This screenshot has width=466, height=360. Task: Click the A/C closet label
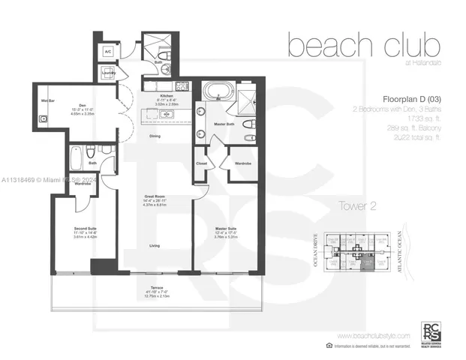(107, 52)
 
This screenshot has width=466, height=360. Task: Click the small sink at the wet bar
(44, 118)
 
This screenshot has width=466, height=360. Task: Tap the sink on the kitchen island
(167, 114)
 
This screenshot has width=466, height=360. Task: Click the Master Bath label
(224, 124)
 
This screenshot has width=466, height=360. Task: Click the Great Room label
(155, 197)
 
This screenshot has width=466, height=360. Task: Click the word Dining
(155, 136)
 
